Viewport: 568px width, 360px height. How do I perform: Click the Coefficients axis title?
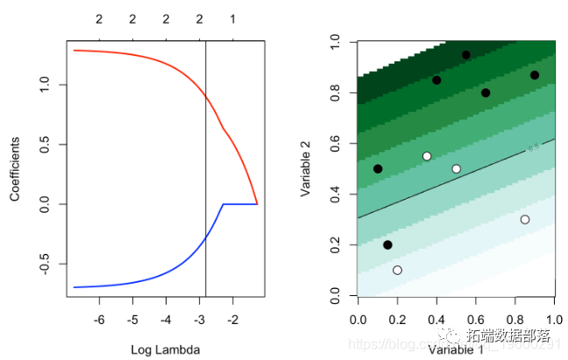click(x=15, y=168)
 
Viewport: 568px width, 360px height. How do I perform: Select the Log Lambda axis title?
click(x=166, y=349)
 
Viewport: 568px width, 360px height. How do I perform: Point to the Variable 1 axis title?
click(x=456, y=349)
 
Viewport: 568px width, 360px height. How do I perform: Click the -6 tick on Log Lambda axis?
click(x=99, y=321)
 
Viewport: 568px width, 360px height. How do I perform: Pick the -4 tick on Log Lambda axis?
click(x=166, y=321)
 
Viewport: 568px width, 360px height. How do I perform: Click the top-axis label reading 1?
click(x=232, y=18)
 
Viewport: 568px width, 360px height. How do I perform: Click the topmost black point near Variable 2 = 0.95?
click(x=466, y=54)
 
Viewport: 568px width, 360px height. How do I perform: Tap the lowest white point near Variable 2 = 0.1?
click(x=397, y=270)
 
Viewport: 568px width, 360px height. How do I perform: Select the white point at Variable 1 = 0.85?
click(x=525, y=219)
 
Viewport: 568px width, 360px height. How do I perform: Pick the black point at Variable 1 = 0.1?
click(x=378, y=168)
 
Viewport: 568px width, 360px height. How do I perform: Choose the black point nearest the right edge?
click(x=535, y=74)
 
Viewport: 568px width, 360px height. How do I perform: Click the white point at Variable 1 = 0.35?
click(x=427, y=156)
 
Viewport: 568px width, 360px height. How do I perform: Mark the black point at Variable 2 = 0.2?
click(x=387, y=244)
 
